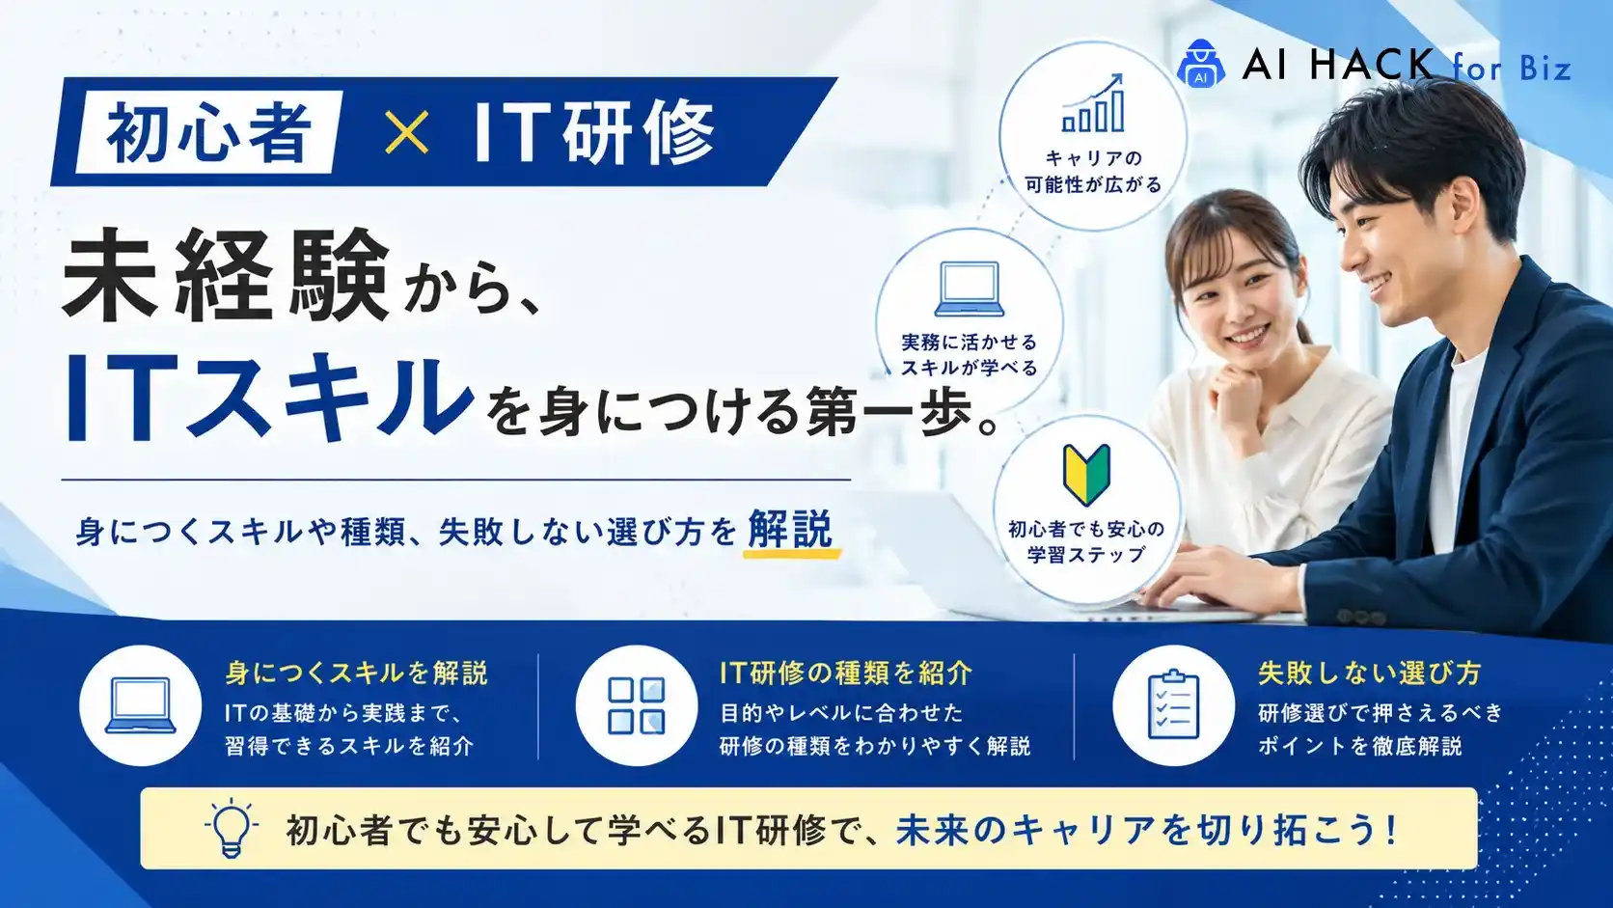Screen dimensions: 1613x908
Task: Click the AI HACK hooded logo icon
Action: pos(1201,64)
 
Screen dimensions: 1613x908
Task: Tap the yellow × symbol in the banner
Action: pos(407,132)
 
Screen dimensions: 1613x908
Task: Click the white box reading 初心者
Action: pos(208,132)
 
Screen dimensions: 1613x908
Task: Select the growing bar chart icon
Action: pos(1093,103)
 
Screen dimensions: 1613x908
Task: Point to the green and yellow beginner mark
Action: pos(1086,475)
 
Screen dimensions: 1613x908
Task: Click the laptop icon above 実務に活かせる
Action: pos(970,289)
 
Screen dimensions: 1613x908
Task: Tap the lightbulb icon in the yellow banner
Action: pos(232,828)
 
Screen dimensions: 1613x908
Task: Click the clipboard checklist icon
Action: pos(1173,705)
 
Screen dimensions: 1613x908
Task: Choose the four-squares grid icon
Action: pos(637,705)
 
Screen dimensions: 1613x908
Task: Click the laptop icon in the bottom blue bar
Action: pos(141,705)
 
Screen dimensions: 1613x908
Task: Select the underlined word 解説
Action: pos(791,529)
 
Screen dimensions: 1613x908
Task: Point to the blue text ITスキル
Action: pos(270,396)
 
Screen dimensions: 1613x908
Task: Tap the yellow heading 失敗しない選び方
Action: pos(1370,674)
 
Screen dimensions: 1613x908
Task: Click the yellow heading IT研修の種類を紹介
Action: pos(846,674)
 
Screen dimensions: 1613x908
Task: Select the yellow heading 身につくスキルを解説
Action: pos(356,674)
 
